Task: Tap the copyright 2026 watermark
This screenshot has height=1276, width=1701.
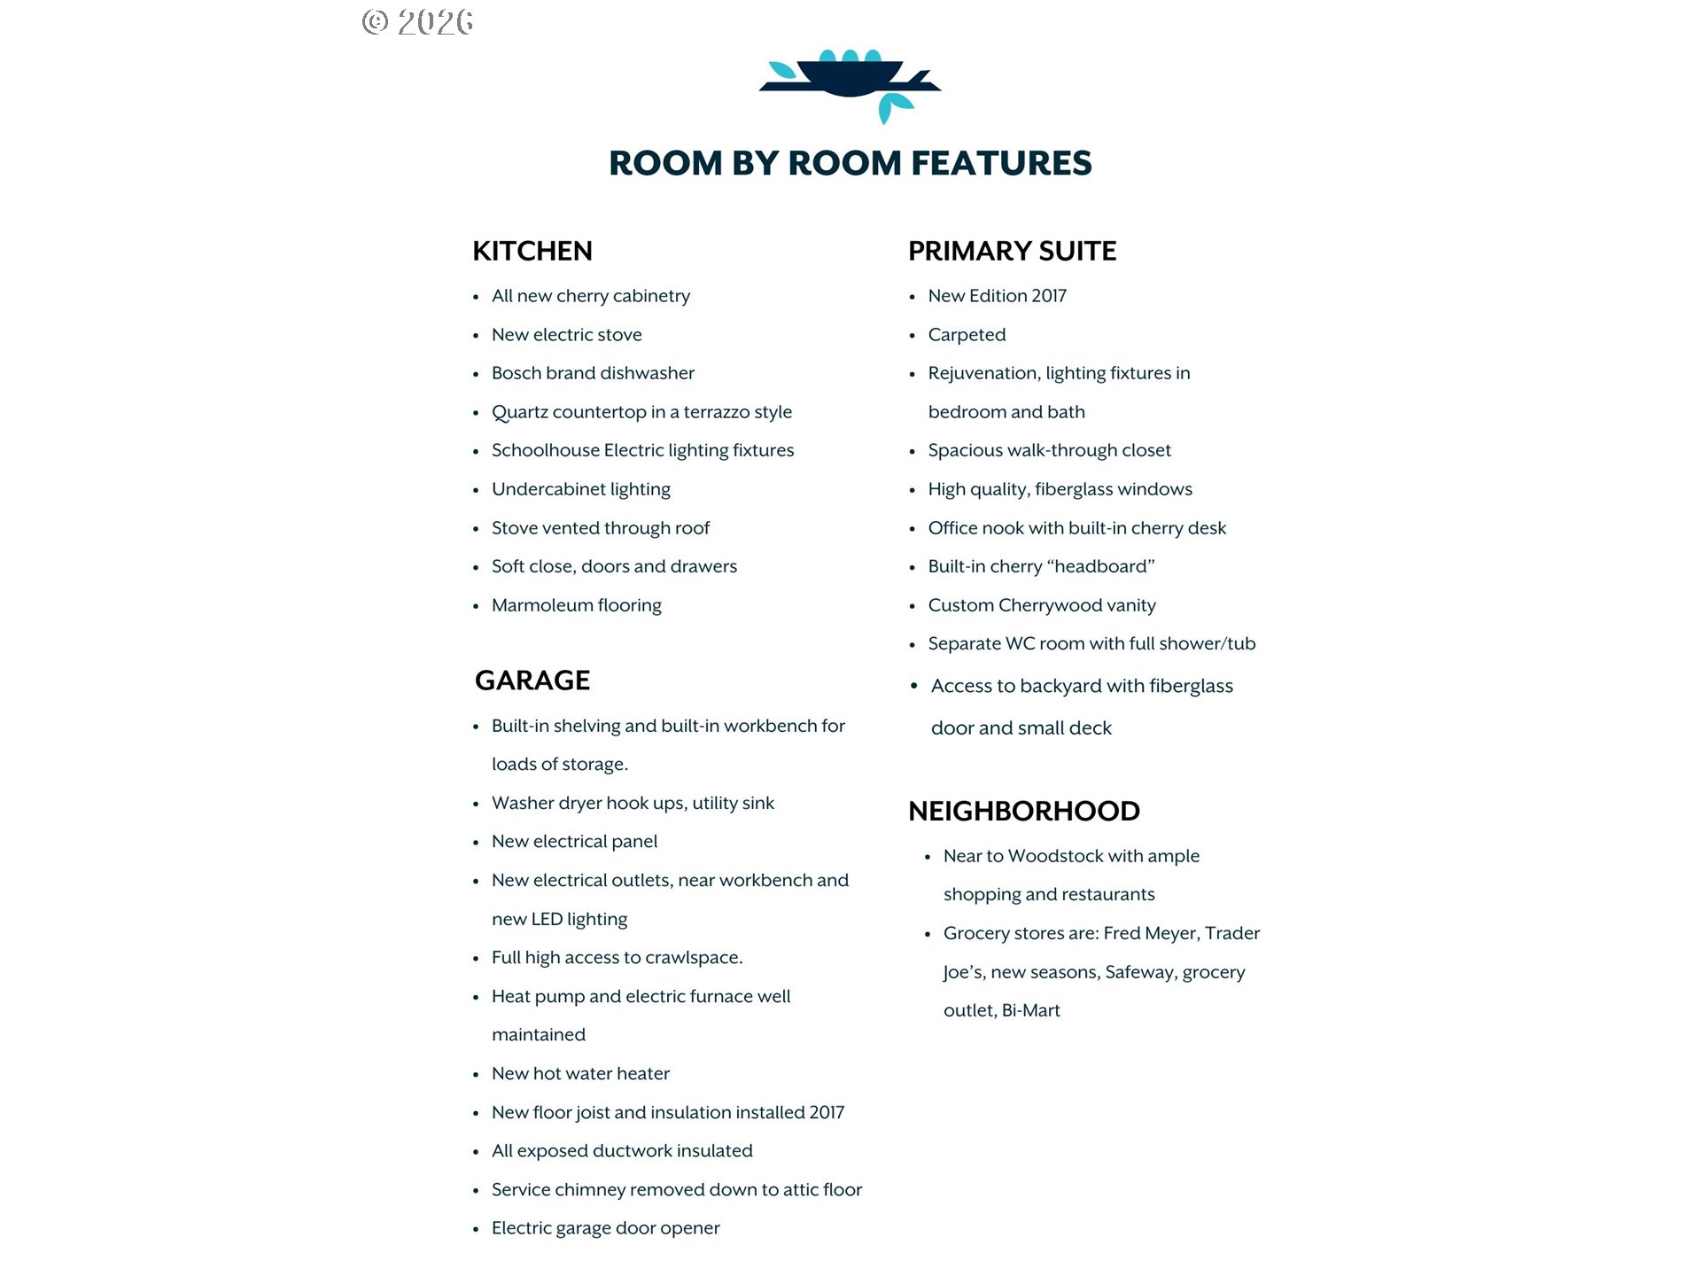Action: point(417,22)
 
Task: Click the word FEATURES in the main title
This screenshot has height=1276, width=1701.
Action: point(1001,164)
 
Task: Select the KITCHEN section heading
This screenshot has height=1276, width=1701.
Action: point(532,252)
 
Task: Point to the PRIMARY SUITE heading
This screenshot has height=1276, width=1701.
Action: point(1012,252)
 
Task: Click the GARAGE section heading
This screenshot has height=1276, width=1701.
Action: point(532,681)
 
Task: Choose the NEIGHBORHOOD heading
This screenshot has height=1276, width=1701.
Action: point(1023,811)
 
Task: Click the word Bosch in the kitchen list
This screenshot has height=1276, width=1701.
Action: point(515,373)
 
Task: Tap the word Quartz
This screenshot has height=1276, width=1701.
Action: point(519,412)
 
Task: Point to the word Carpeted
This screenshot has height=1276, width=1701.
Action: point(967,335)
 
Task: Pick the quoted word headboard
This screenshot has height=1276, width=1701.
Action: point(1101,566)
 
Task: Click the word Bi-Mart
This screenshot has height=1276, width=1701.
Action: point(1030,1011)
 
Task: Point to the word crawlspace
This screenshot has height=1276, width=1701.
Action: point(694,958)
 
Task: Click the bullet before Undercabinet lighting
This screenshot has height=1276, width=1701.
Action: point(476,490)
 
